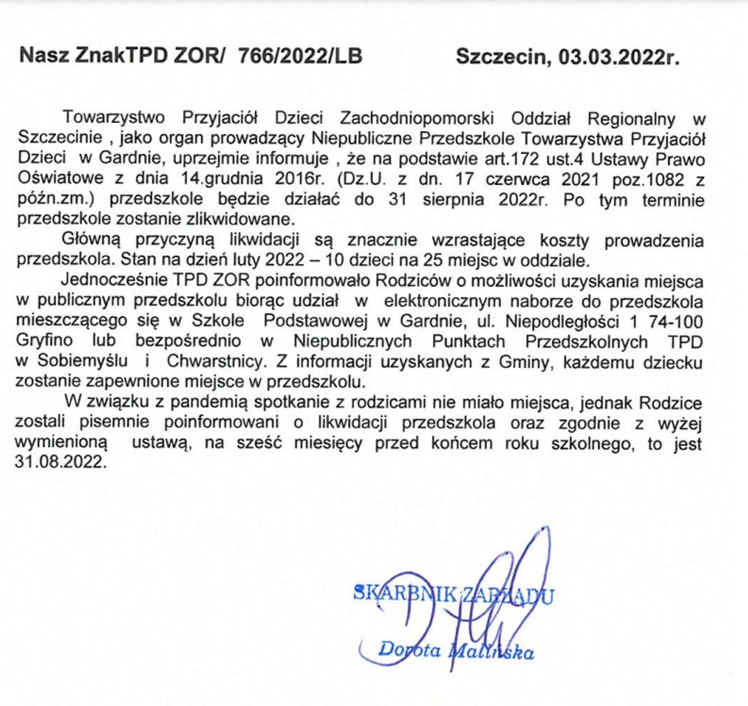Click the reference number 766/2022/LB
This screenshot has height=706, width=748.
pos(300,56)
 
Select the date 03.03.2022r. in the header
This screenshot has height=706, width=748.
pos(619,57)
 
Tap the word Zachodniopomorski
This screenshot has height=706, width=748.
pos(417,118)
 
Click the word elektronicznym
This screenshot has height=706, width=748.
pos(442,300)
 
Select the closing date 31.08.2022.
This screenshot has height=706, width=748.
pos(61,462)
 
